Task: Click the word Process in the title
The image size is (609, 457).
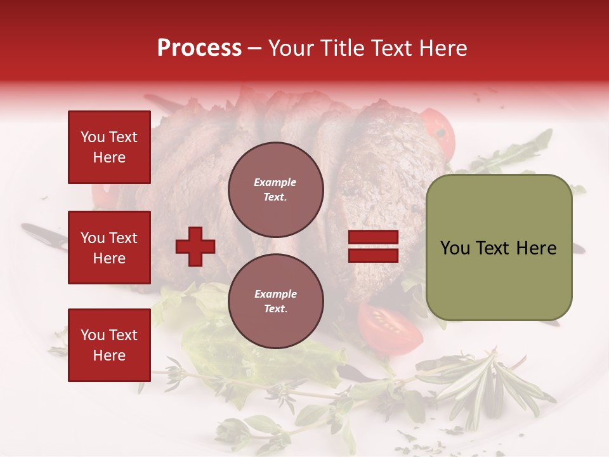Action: (x=199, y=48)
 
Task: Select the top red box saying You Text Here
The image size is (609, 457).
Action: (x=109, y=147)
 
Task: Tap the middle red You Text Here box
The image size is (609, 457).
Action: (x=109, y=248)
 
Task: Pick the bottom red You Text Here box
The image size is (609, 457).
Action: (x=109, y=345)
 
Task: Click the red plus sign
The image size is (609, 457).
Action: (x=195, y=247)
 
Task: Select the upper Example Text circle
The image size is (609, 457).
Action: (x=275, y=189)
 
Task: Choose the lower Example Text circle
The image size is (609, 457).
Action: (x=275, y=301)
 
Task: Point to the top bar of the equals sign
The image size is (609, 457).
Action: (x=373, y=237)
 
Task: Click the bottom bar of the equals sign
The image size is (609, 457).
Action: (x=373, y=256)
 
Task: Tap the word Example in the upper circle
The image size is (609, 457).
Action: (x=275, y=182)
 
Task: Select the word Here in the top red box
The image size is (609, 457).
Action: (x=109, y=157)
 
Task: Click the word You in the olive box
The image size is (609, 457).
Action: (x=454, y=248)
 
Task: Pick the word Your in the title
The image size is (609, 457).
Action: (x=291, y=48)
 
